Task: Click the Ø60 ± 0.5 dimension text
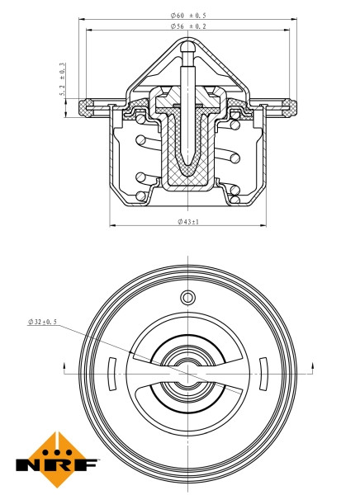pos(187,14)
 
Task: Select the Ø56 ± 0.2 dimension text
pos(187,27)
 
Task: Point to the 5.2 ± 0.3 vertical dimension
pos(63,82)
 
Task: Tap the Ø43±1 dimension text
pos(189,220)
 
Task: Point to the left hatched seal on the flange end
pos(87,106)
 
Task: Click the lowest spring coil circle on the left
pos(140,196)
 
